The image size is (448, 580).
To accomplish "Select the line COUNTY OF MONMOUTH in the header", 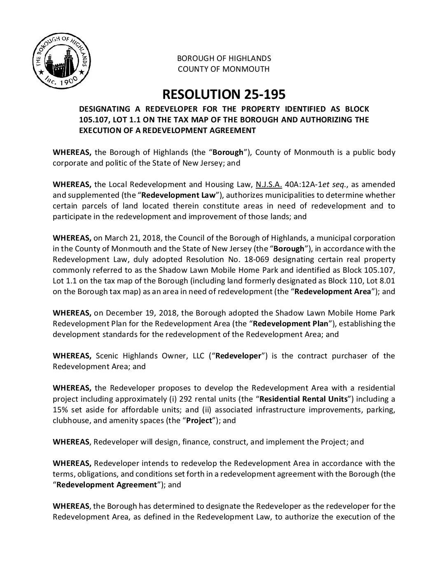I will click(224, 69).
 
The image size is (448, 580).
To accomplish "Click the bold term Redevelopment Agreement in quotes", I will click(106, 485).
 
